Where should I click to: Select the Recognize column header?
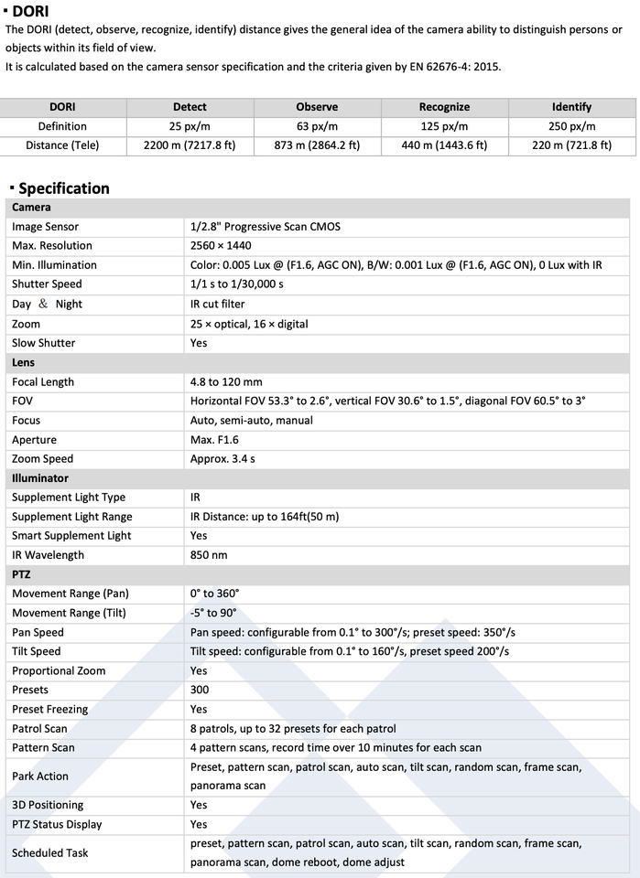[444, 107]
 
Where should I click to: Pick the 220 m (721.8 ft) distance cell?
[571, 145]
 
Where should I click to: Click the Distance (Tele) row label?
[62, 145]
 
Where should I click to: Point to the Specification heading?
[63, 188]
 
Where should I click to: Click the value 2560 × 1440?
[221, 246]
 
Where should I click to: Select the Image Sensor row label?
[45, 227]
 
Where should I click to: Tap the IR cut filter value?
[218, 305]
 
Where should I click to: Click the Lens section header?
[24, 362]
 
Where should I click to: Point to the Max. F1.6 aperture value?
[214, 440]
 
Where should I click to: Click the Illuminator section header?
[40, 478]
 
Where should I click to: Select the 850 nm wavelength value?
[209, 555]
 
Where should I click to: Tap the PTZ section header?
[21, 574]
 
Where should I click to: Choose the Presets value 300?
[200, 690]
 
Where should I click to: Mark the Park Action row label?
[40, 776]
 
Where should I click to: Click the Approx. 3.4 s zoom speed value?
[222, 459]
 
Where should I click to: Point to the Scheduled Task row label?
[50, 852]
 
